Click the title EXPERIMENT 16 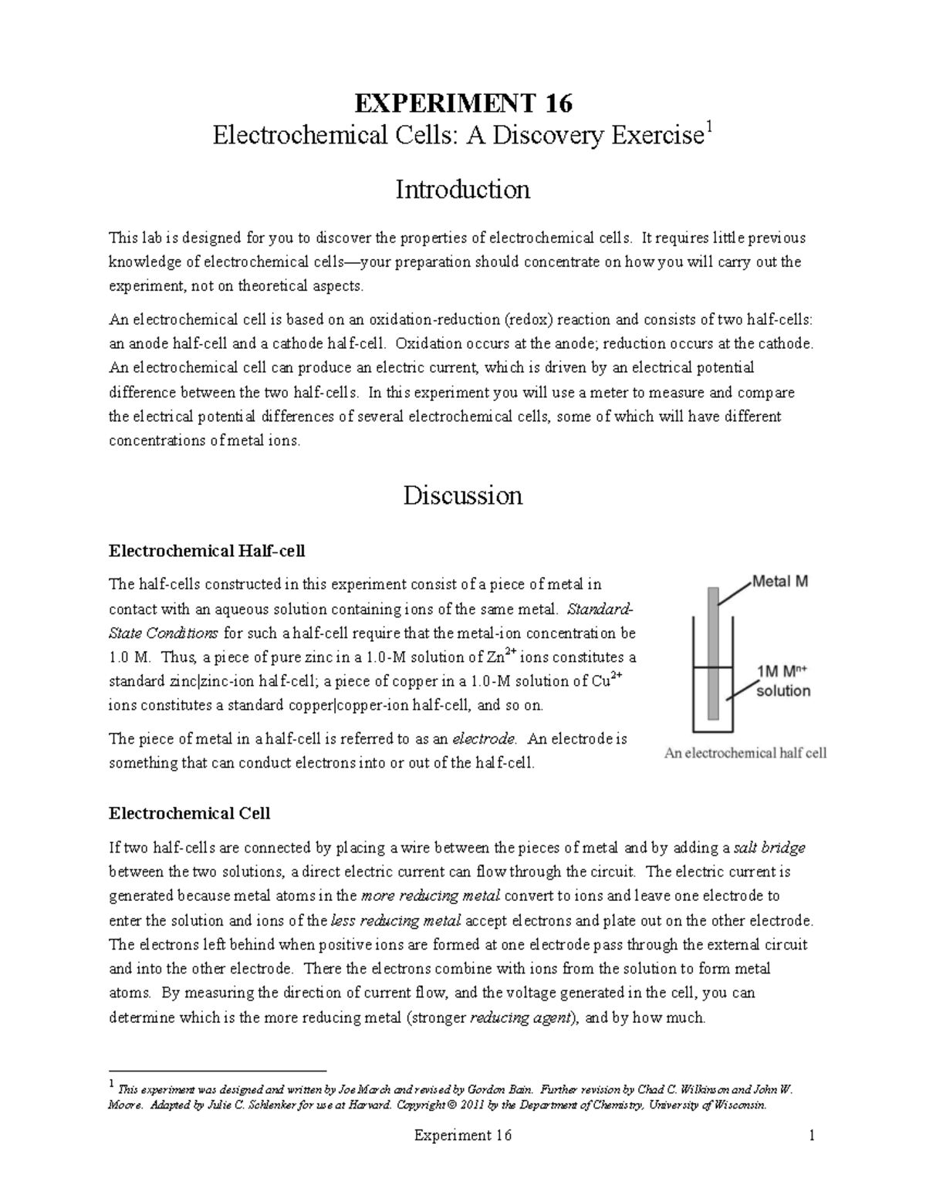462,103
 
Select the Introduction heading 462,189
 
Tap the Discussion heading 462,494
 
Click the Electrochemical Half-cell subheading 207,551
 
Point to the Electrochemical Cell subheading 189,813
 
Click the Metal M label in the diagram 780,582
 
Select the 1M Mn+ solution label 783,681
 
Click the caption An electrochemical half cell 745,753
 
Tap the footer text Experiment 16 462,1136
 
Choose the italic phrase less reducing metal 396,920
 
